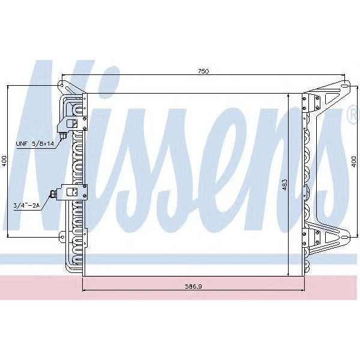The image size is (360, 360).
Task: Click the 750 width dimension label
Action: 203,72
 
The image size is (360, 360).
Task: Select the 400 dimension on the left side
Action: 4,161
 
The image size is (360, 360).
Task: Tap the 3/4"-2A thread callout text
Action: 26,206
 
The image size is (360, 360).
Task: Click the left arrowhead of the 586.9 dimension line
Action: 83,292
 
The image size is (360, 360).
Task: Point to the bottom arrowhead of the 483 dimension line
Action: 289,272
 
